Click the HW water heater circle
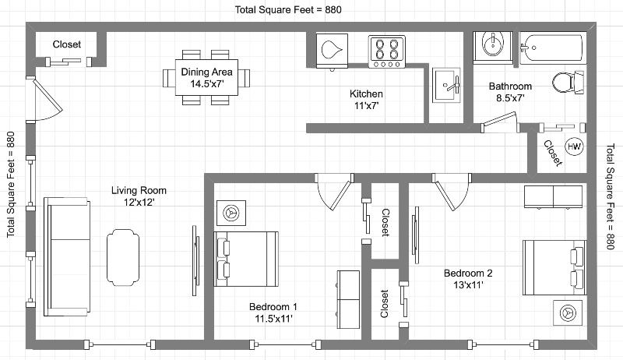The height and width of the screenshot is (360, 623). coord(574,146)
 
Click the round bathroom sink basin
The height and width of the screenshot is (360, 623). coord(493,44)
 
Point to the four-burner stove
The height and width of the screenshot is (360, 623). coord(387,51)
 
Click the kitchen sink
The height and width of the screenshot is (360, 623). coord(446,85)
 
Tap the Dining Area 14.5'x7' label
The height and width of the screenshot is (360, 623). coord(206,78)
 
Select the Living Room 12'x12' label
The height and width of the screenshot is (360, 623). coord(139,196)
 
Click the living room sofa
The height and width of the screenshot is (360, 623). coord(67,256)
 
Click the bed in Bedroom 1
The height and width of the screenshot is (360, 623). coord(246,259)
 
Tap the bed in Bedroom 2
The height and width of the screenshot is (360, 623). coord(554,267)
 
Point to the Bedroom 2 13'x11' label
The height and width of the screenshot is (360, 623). coord(468,279)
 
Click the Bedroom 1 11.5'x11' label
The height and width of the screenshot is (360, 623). coord(273,312)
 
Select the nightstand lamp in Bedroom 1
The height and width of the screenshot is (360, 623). coord(231,214)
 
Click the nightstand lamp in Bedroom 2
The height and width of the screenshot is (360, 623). coord(568,312)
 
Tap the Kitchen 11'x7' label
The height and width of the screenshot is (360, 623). coord(366,100)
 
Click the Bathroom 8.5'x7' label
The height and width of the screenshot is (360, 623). coord(510,92)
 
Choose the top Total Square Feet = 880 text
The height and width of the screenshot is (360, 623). coord(288,9)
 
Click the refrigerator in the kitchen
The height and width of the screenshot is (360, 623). coord(332,51)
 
